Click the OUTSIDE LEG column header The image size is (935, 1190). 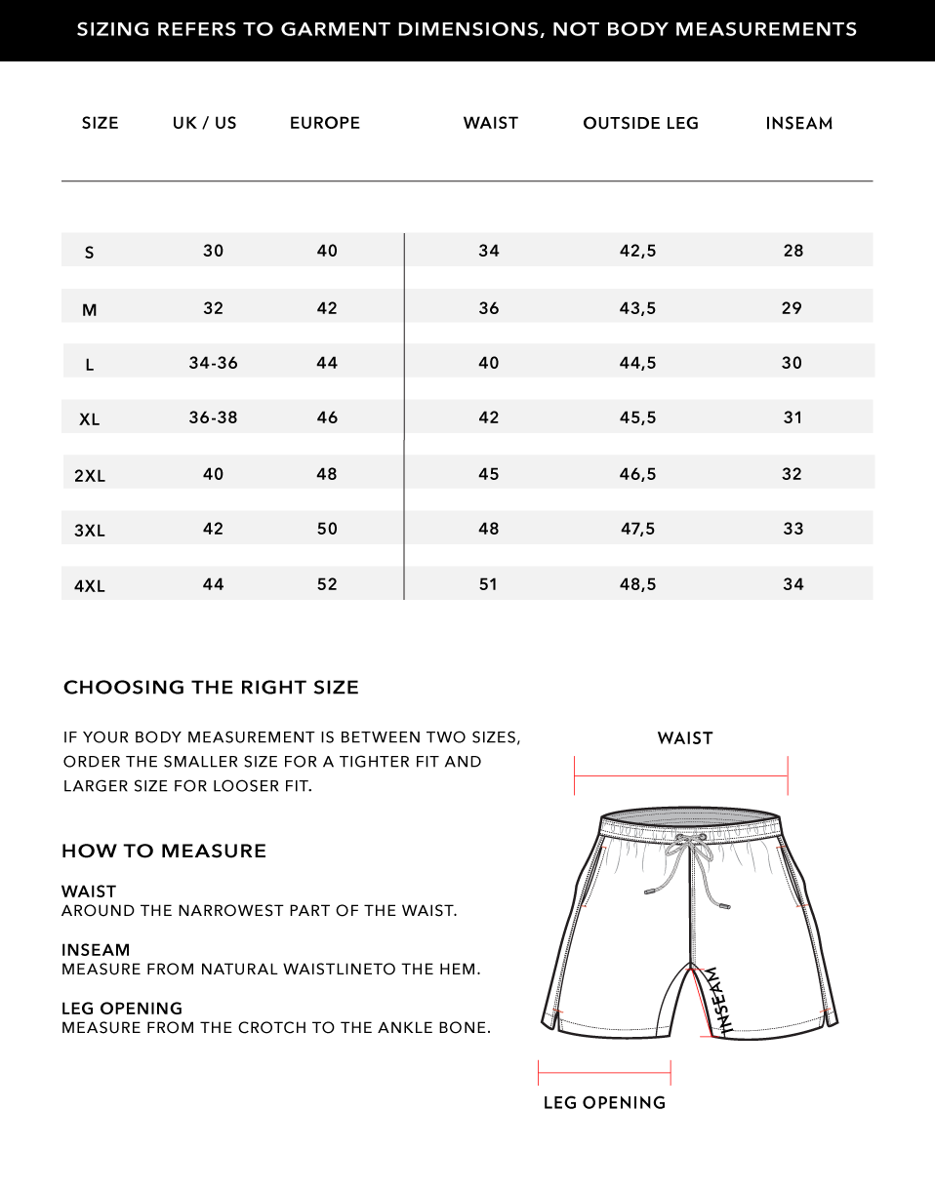pos(640,123)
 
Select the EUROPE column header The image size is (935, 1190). pos(325,123)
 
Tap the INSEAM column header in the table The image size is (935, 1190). pos(798,123)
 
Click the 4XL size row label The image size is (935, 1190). pos(90,586)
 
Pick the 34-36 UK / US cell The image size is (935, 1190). pos(213,363)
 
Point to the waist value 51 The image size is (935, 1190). pos(488,584)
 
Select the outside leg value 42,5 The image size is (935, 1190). pos(637,251)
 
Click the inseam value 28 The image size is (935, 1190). pos(793,251)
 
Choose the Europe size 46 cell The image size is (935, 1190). pos(327,417)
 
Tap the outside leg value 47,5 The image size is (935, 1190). pos(637,529)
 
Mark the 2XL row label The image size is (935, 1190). pos(90,476)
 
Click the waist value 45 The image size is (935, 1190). pos(488,474)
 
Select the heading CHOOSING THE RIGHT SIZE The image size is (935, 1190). pos(211,688)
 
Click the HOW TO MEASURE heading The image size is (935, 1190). pos(164,851)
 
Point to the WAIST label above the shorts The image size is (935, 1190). pos(685,738)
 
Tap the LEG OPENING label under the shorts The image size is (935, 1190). pos(604,1102)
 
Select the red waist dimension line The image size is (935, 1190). pos(681,776)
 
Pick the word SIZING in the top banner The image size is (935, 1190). pos(113,29)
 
